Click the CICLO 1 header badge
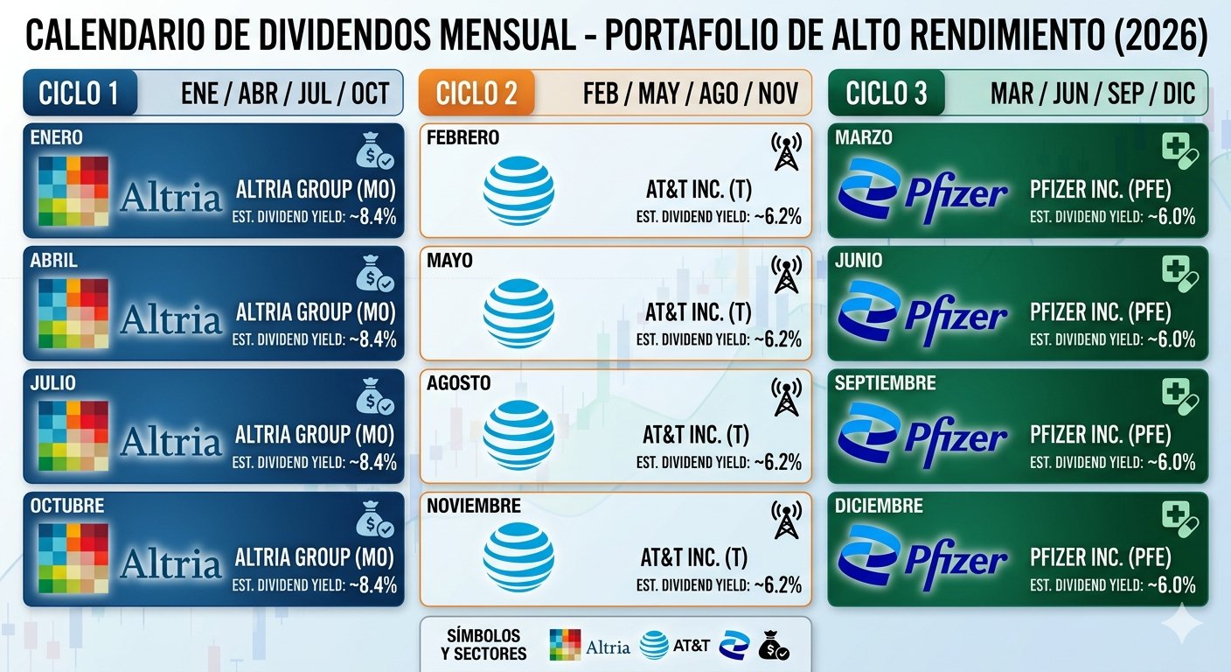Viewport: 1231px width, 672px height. tap(80, 93)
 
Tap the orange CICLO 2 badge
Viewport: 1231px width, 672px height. tap(476, 93)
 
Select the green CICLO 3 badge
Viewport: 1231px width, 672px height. tap(887, 93)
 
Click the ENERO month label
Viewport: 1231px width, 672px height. tap(57, 137)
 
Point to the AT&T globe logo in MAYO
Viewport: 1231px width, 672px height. tap(518, 313)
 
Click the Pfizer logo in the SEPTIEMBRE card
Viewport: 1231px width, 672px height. tap(922, 435)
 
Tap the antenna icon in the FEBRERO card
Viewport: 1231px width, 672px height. tap(787, 152)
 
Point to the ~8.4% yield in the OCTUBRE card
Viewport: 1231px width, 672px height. tap(373, 584)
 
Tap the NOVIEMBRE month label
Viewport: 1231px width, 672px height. tap(473, 506)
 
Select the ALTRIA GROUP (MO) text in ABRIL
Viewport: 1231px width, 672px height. tap(316, 311)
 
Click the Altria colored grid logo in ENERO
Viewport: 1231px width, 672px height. tap(73, 190)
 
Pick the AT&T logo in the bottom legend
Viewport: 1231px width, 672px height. tap(674, 646)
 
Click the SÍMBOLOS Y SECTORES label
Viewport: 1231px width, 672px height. tap(483, 645)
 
